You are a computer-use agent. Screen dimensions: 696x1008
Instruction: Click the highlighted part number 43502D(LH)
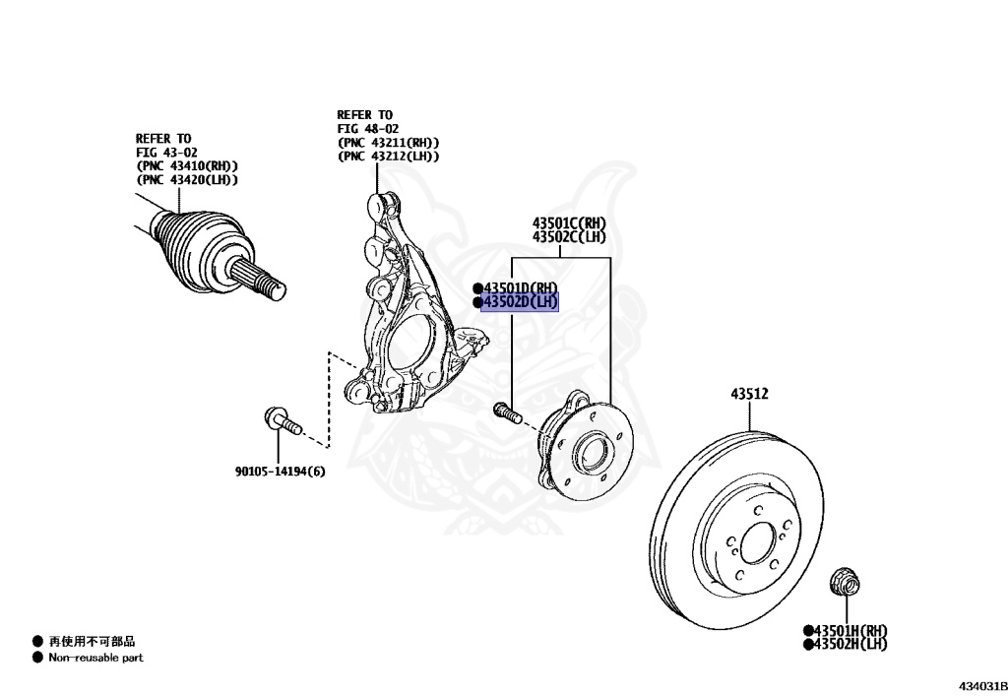coord(519,302)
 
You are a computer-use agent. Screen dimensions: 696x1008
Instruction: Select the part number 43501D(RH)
coord(519,287)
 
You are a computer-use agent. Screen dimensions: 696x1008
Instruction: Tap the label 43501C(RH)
coord(569,222)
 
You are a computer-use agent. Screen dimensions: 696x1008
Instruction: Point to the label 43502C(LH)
coord(569,236)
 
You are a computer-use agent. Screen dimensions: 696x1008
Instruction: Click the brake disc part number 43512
coord(749,394)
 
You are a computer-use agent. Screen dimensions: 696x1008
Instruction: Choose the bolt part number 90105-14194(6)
coord(280,472)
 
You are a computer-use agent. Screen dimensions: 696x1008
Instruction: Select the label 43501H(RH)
coord(849,630)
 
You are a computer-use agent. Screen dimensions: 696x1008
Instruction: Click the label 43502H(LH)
coord(849,644)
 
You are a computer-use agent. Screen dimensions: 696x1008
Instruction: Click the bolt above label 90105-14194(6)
coord(282,422)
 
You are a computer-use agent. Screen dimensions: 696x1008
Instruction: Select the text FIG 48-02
coord(367,129)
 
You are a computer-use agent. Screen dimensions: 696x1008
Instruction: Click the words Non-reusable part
coord(95,658)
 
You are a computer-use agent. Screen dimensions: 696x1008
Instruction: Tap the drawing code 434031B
coord(978,684)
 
